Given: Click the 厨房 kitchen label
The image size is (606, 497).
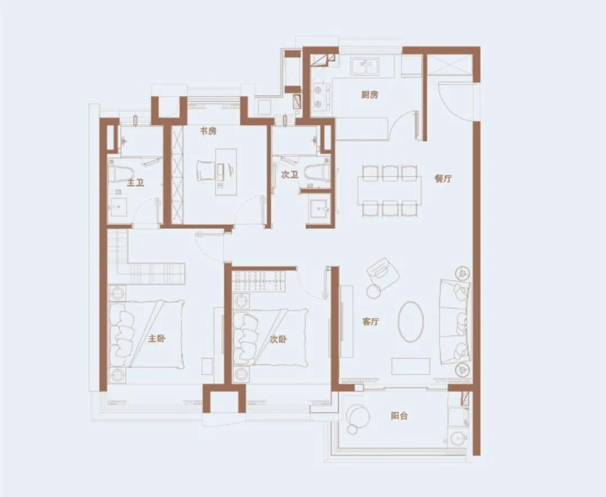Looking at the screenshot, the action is pyautogui.click(x=370, y=95).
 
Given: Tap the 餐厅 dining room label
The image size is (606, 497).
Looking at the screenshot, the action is pyautogui.click(x=443, y=178).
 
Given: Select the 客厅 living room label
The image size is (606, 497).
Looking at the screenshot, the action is pyautogui.click(x=371, y=321).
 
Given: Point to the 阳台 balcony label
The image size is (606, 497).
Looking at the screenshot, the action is pyautogui.click(x=399, y=416).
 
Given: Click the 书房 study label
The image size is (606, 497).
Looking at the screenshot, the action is pyautogui.click(x=208, y=131).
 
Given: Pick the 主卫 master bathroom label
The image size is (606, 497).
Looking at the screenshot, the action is pyautogui.click(x=135, y=182).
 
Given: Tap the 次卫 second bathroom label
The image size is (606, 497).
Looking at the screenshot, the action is pyautogui.click(x=289, y=175).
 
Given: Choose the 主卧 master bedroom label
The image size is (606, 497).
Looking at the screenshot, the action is pyautogui.click(x=157, y=339).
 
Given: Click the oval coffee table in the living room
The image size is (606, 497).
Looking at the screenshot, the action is pyautogui.click(x=411, y=321).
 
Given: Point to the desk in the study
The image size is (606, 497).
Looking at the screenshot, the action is pyautogui.click(x=226, y=172).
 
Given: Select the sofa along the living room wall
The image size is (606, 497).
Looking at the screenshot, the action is pyautogui.click(x=455, y=322).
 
